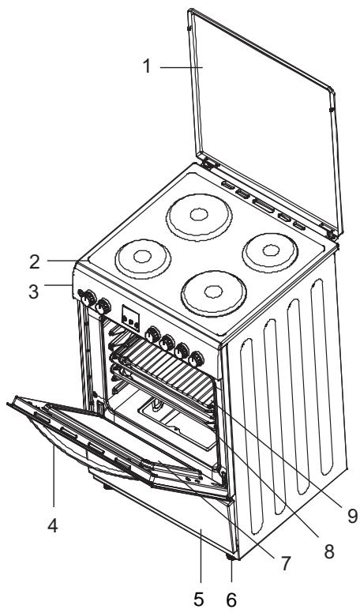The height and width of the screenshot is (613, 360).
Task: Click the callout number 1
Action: click(147, 66)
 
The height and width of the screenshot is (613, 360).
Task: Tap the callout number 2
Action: click(35, 262)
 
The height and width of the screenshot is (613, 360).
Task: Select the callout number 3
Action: click(34, 291)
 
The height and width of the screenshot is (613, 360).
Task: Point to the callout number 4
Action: click(53, 525)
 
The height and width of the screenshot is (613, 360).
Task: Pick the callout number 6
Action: click(231, 600)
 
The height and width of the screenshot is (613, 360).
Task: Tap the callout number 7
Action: click(286, 563)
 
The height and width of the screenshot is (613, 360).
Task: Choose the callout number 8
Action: click(328, 551)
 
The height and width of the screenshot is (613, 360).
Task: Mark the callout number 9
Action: click(352, 517)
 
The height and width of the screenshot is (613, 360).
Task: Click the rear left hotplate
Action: click(199, 216)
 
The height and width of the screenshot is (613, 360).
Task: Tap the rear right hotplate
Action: click(270, 252)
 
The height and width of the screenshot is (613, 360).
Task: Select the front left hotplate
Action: click(143, 258)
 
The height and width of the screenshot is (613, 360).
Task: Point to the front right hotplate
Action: click(213, 293)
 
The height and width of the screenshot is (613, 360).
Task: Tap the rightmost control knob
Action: click(197, 359)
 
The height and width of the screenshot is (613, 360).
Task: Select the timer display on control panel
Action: click(130, 318)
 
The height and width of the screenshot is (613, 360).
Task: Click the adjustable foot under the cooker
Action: click(231, 557)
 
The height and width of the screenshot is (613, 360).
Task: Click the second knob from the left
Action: click(103, 306)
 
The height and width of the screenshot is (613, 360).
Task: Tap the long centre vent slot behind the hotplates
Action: click(263, 205)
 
